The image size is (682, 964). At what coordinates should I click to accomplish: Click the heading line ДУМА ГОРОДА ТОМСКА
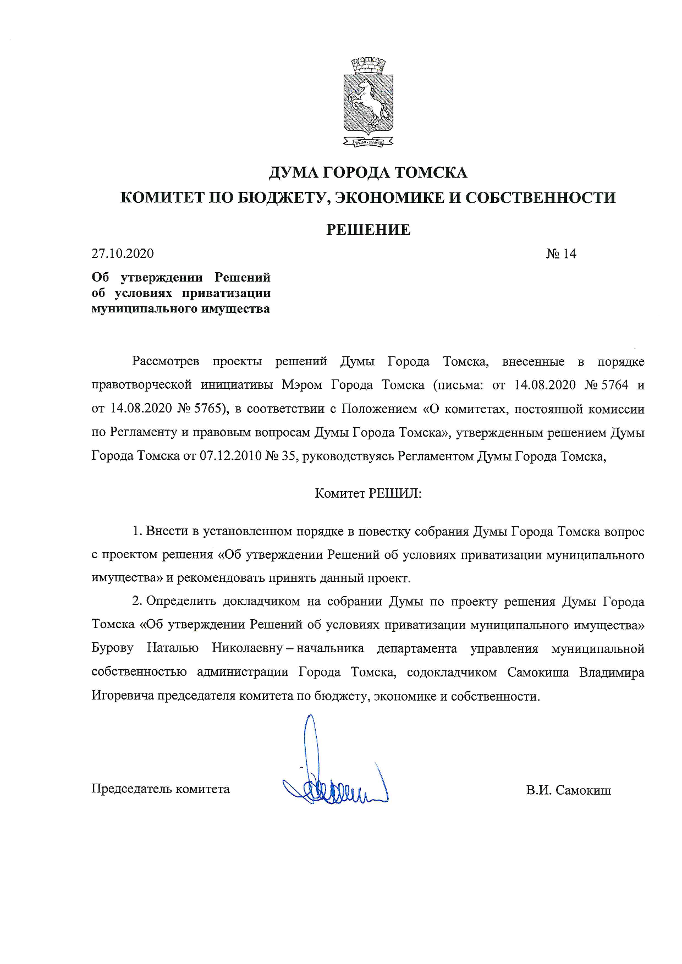click(368, 173)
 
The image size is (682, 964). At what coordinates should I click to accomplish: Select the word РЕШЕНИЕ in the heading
click(368, 229)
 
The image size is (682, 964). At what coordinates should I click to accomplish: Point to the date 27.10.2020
click(123, 254)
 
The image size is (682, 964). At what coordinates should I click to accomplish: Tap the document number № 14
click(561, 254)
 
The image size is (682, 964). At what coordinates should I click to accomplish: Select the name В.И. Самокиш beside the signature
click(568, 790)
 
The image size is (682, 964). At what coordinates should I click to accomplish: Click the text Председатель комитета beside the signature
click(160, 789)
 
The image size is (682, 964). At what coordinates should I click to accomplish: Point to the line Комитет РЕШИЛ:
click(368, 493)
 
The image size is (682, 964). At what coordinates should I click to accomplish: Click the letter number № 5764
click(606, 385)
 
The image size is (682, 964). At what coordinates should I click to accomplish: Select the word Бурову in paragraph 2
click(112, 648)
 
